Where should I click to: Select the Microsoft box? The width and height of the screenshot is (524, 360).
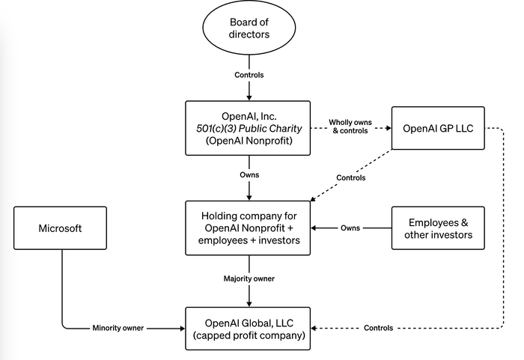click(x=60, y=228)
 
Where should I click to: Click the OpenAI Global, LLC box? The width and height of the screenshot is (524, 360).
click(x=249, y=329)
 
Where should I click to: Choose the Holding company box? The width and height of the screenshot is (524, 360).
click(x=249, y=228)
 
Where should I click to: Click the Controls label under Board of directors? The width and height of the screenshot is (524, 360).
click(x=249, y=76)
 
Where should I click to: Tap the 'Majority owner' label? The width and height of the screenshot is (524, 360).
click(x=249, y=278)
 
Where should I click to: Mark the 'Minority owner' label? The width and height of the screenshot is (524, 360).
click(x=118, y=328)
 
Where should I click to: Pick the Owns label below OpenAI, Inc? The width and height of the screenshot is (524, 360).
click(x=249, y=175)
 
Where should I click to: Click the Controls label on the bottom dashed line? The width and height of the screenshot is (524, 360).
click(x=379, y=328)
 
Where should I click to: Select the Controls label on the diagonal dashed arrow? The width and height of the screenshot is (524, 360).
click(x=350, y=178)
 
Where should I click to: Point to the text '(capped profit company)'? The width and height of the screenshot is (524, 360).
click(x=249, y=335)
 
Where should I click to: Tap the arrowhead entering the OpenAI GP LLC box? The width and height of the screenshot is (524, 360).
click(x=388, y=128)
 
